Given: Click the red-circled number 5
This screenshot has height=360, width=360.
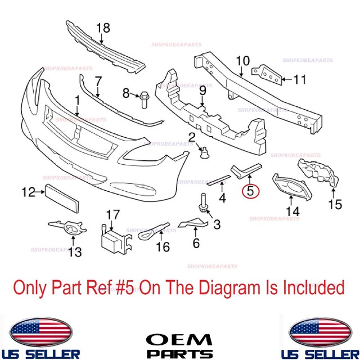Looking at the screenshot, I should point(249,191).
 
